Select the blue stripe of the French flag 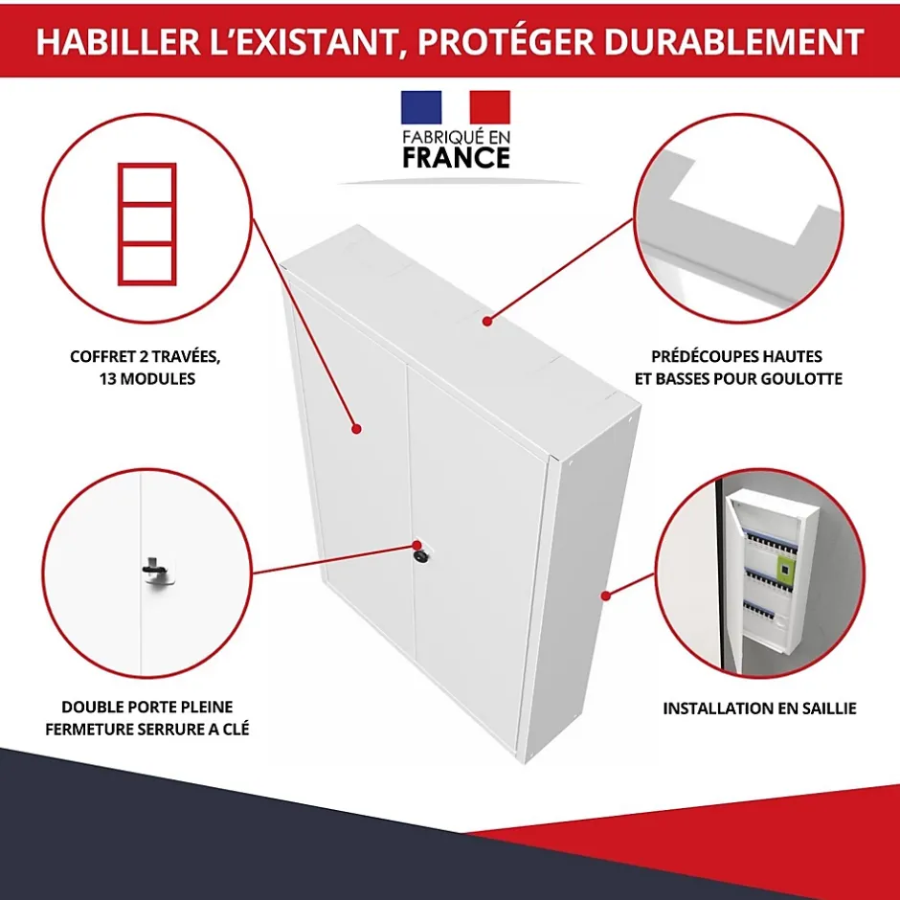pyautogui.click(x=421, y=107)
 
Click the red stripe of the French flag pyautogui.click(x=489, y=107)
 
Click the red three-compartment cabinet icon pyautogui.click(x=146, y=224)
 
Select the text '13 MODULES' pyautogui.click(x=146, y=379)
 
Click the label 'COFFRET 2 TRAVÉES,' pyautogui.click(x=146, y=357)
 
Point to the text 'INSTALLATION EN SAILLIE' pyautogui.click(x=759, y=709)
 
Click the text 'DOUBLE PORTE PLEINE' pyautogui.click(x=146, y=708)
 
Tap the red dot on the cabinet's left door pyautogui.click(x=355, y=430)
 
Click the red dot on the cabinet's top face pyautogui.click(x=487, y=322)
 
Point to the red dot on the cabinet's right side pyautogui.click(x=605, y=596)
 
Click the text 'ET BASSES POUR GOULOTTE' pyautogui.click(x=738, y=379)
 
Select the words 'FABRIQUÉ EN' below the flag pyautogui.click(x=456, y=136)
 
